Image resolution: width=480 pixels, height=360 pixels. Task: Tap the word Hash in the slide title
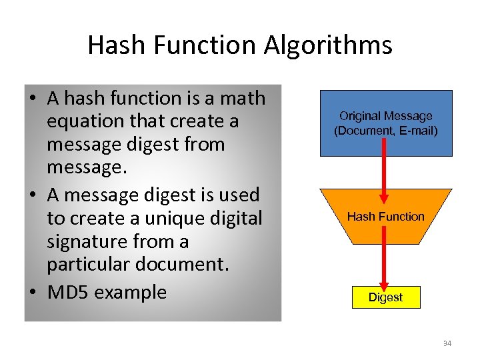113,45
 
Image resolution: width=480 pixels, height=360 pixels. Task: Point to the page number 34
447,343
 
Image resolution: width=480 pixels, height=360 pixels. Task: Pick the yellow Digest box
386,297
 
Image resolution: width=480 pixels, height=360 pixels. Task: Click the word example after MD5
131,292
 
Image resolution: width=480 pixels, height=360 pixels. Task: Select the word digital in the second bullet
227,218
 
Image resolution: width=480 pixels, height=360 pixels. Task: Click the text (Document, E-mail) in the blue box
386,131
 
